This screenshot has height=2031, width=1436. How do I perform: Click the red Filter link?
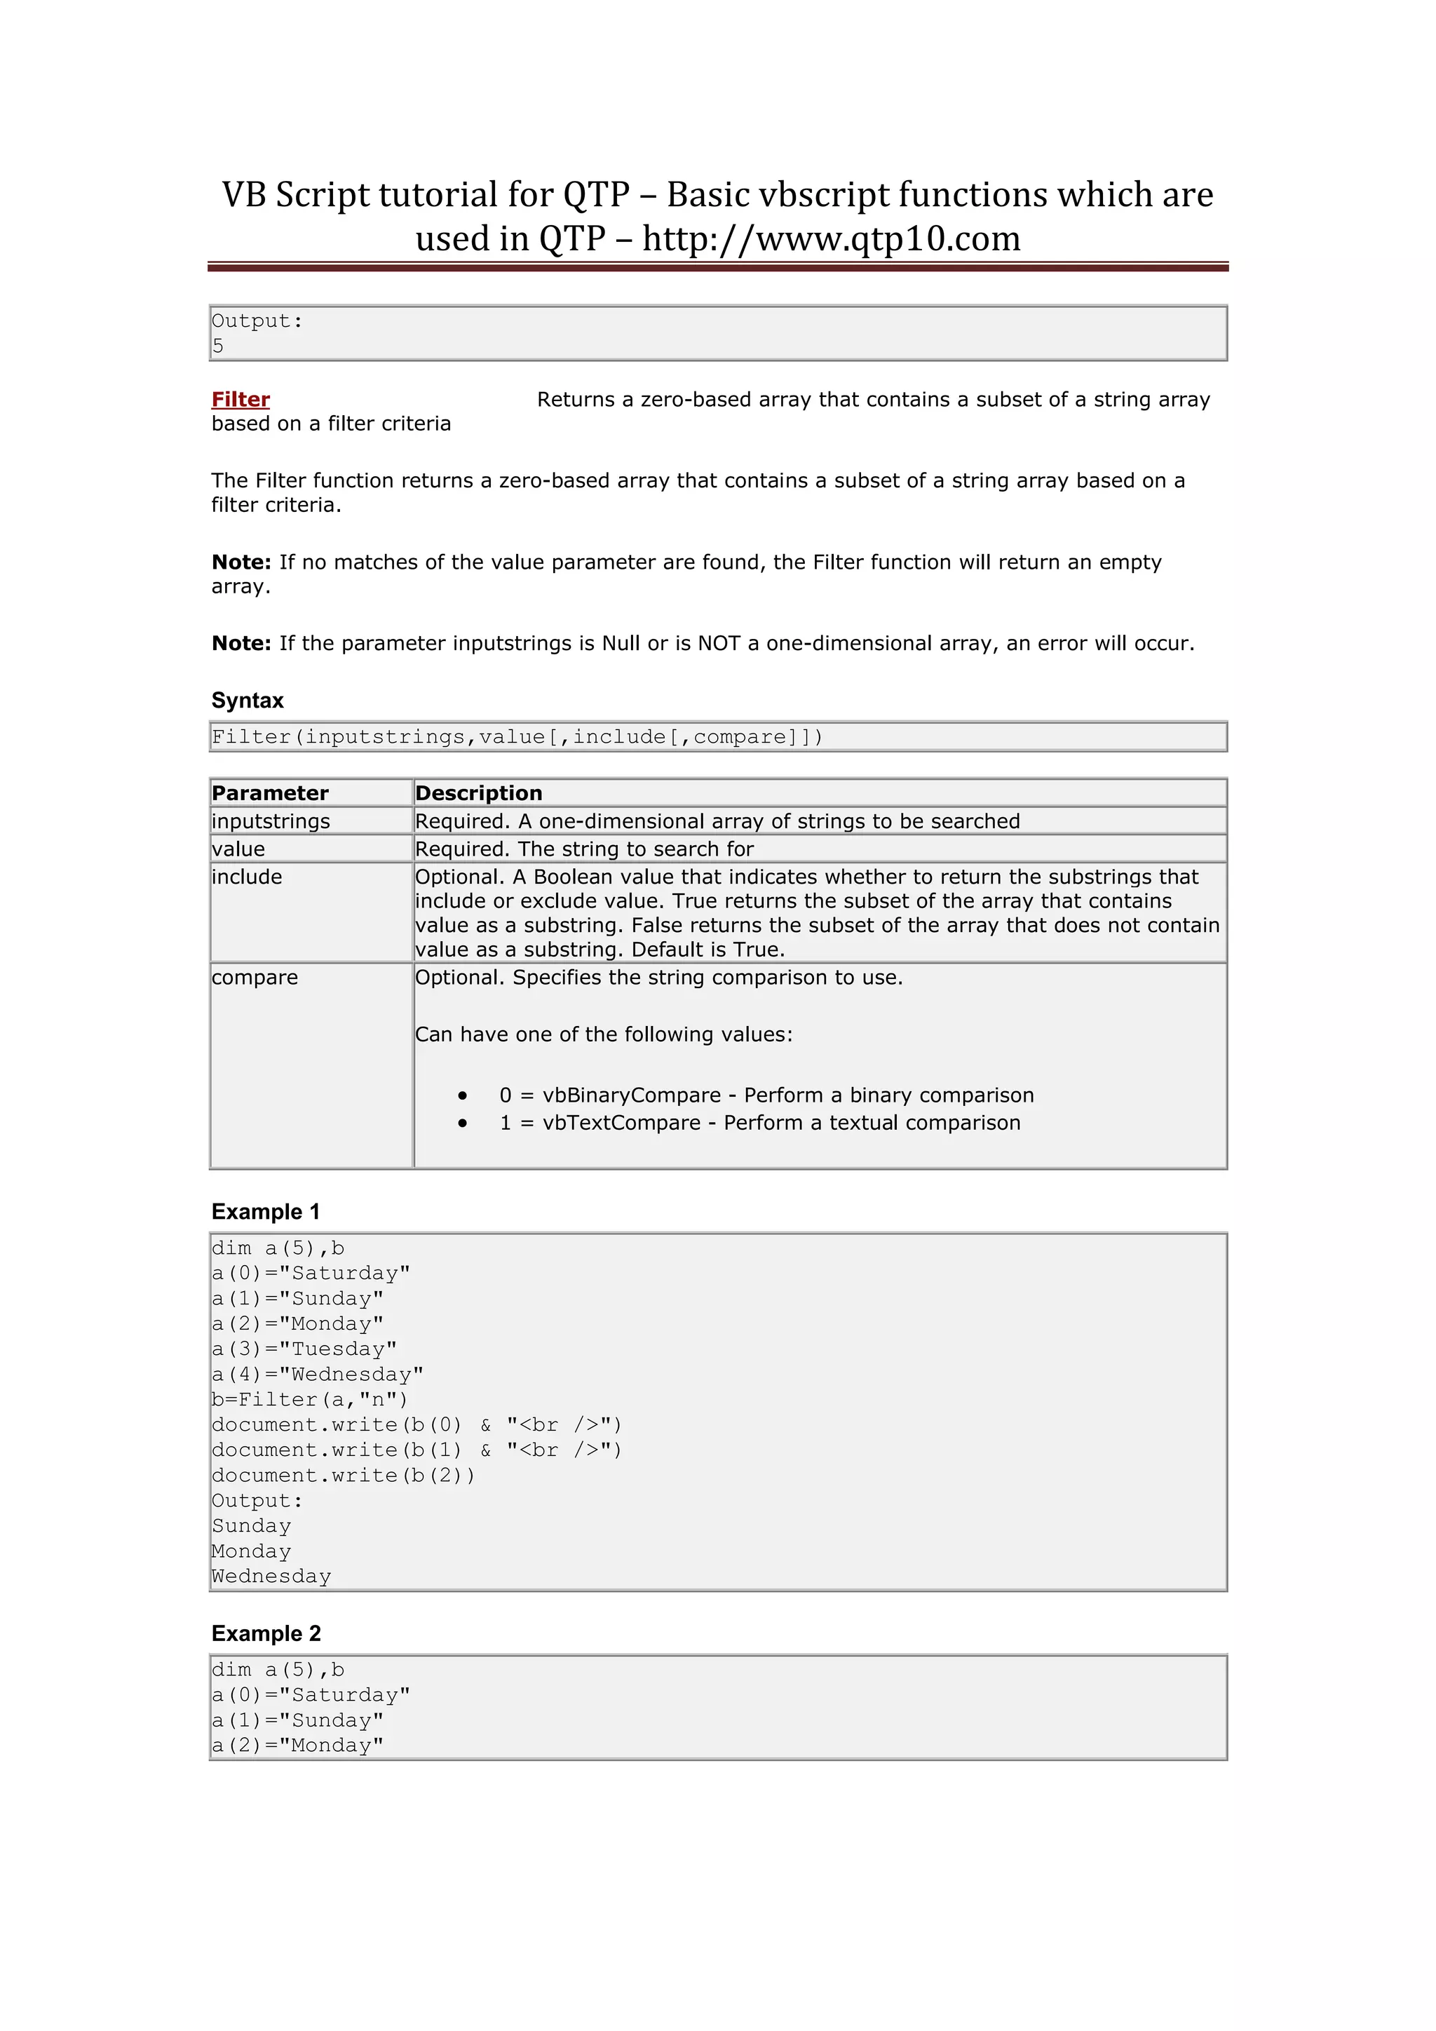[x=241, y=399]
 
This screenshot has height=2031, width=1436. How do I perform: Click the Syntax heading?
[x=248, y=701]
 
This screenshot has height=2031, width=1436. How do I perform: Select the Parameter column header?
[x=270, y=792]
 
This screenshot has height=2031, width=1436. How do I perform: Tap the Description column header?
[x=478, y=792]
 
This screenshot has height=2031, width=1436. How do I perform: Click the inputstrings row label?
[x=271, y=821]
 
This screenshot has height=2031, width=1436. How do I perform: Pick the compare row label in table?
[x=255, y=978]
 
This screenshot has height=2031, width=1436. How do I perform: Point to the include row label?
[x=247, y=877]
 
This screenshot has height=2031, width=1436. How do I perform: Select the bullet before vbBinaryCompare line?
[x=463, y=1095]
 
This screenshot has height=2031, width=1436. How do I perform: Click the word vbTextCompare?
[x=621, y=1123]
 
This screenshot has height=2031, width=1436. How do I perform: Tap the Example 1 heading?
[x=265, y=1212]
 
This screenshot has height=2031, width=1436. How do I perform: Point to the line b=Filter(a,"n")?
[x=309, y=1399]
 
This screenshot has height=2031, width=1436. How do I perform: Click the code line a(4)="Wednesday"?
[x=318, y=1374]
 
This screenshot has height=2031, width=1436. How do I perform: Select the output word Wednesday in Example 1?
[x=271, y=1577]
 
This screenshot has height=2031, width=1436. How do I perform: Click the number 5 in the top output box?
[x=217, y=346]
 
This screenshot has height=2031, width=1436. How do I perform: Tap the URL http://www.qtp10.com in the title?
[x=831, y=239]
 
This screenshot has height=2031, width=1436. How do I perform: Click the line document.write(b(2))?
[x=343, y=1476]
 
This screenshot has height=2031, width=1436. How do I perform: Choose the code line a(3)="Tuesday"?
[x=304, y=1349]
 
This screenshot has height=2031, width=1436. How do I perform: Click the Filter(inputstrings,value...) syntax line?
[x=517, y=737]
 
